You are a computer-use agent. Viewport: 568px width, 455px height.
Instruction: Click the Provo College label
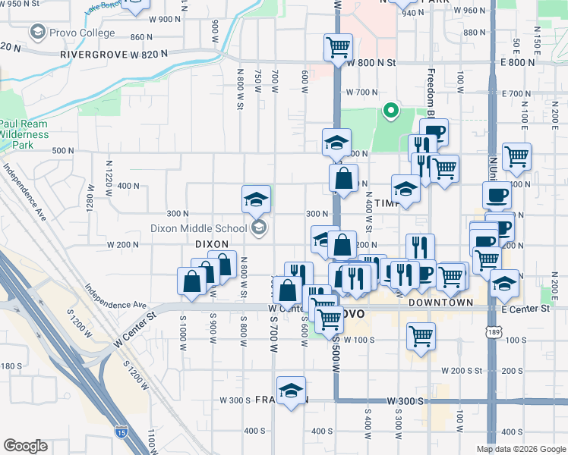pyautogui.click(x=81, y=33)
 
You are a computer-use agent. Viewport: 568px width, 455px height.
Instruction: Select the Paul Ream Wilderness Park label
pyautogui.click(x=24, y=133)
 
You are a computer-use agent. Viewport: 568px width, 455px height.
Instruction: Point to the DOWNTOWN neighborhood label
pyautogui.click(x=440, y=302)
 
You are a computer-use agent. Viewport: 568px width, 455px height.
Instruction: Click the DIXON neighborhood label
pyautogui.click(x=212, y=244)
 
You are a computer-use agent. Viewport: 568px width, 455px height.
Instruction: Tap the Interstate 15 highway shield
pyautogui.click(x=121, y=431)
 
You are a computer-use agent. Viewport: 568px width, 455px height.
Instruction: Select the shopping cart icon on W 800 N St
pyautogui.click(x=338, y=47)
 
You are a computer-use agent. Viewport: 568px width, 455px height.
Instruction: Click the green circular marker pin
pyautogui.click(x=391, y=111)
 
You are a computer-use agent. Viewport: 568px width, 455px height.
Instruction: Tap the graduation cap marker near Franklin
pyautogui.click(x=291, y=391)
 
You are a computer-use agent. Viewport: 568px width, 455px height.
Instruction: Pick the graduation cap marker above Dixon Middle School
pyautogui.click(x=256, y=199)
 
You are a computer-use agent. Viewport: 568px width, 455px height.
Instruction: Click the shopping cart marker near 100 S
pyautogui.click(x=421, y=335)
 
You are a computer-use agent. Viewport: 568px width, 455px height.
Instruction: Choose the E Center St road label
pyautogui.click(x=525, y=309)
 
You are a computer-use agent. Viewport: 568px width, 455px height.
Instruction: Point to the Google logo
pyautogui.click(x=25, y=446)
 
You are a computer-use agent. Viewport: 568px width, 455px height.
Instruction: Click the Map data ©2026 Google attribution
pyautogui.click(x=521, y=449)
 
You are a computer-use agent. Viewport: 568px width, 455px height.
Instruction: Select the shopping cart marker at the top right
pyautogui.click(x=516, y=156)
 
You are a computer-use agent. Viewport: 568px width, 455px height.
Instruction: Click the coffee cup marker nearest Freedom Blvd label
pyautogui.click(x=434, y=132)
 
